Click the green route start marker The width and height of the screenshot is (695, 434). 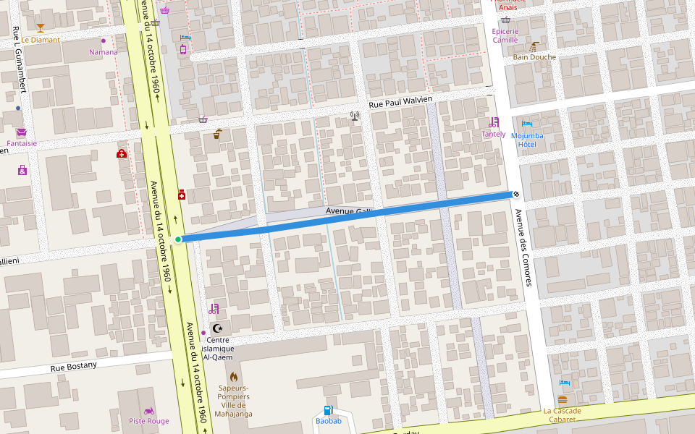click(178, 239)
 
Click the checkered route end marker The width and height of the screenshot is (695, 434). click(515, 194)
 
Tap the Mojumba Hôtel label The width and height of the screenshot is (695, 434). click(527, 140)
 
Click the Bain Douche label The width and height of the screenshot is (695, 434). click(534, 57)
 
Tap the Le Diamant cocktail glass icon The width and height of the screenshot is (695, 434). click(40, 28)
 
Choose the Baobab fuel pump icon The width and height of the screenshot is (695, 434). click(328, 410)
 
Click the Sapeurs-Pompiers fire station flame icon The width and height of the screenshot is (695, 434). click(233, 377)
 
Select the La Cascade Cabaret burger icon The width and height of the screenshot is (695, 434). click(563, 400)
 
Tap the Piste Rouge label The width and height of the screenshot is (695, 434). click(148, 421)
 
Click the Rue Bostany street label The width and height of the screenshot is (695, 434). click(73, 367)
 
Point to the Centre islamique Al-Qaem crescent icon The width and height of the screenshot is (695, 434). click(217, 328)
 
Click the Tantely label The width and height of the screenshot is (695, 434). click(494, 134)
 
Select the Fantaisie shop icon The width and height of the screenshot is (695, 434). click(21, 132)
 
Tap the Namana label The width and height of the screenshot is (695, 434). click(103, 52)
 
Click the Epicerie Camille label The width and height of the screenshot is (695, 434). click(505, 35)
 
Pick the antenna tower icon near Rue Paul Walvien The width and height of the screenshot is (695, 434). click(355, 116)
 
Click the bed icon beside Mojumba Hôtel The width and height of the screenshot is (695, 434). click(527, 124)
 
